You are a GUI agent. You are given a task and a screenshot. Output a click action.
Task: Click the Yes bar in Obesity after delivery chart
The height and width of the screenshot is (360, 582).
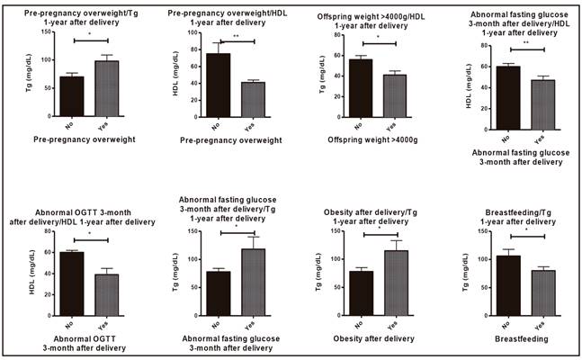[x=392, y=278]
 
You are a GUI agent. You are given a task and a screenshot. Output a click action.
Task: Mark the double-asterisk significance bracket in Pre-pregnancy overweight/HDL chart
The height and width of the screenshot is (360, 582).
[x=237, y=41]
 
